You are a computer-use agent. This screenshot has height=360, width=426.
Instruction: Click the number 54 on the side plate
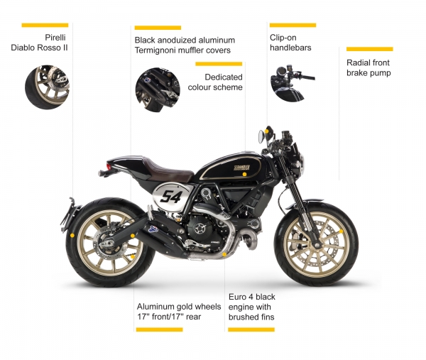[170, 197]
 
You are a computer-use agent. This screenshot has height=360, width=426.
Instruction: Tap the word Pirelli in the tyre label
[55, 38]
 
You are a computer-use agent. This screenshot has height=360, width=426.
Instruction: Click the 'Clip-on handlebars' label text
[290, 43]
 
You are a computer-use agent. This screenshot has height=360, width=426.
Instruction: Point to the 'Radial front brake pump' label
[368, 67]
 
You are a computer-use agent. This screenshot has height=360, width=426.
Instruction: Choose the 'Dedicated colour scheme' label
[215, 82]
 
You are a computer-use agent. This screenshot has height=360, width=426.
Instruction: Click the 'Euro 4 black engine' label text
[252, 307]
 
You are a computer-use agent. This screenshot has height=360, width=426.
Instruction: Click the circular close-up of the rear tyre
[47, 87]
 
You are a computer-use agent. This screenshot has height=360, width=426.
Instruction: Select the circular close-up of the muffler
[158, 90]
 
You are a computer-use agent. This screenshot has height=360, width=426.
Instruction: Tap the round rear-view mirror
[261, 136]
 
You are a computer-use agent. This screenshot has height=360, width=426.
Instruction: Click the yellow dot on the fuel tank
[244, 175]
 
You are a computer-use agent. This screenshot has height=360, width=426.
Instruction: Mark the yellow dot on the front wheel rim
[341, 231]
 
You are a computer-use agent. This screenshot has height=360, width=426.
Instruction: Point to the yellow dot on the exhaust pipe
[224, 255]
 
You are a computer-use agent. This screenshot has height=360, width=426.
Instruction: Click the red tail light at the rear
[109, 166]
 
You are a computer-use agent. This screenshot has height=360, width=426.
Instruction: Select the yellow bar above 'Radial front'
[369, 49]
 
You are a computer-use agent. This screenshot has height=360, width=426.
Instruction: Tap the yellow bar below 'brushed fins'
[251, 329]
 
